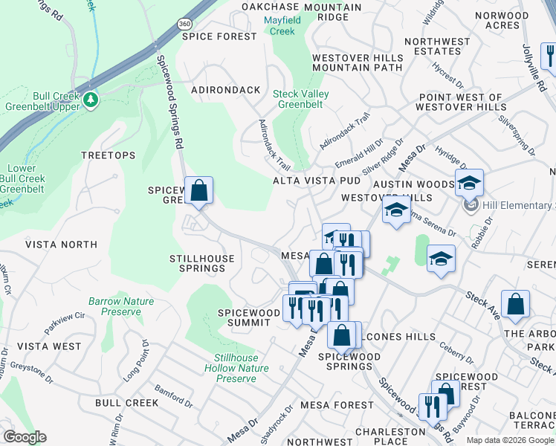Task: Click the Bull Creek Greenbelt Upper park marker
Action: pyautogui.click(x=91, y=100)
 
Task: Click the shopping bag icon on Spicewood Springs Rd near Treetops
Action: pyautogui.click(x=199, y=191)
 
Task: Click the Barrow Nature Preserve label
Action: pyautogui.click(x=114, y=306)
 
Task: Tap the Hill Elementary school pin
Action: pyautogui.click(x=470, y=204)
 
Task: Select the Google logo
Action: pyautogui.click(x=25, y=437)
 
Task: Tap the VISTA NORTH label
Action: pyautogui.click(x=61, y=244)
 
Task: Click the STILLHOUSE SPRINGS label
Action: pyautogui.click(x=202, y=263)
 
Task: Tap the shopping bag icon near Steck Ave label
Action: pyautogui.click(x=515, y=305)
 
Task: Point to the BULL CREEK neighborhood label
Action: pyautogui.click(x=126, y=402)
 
